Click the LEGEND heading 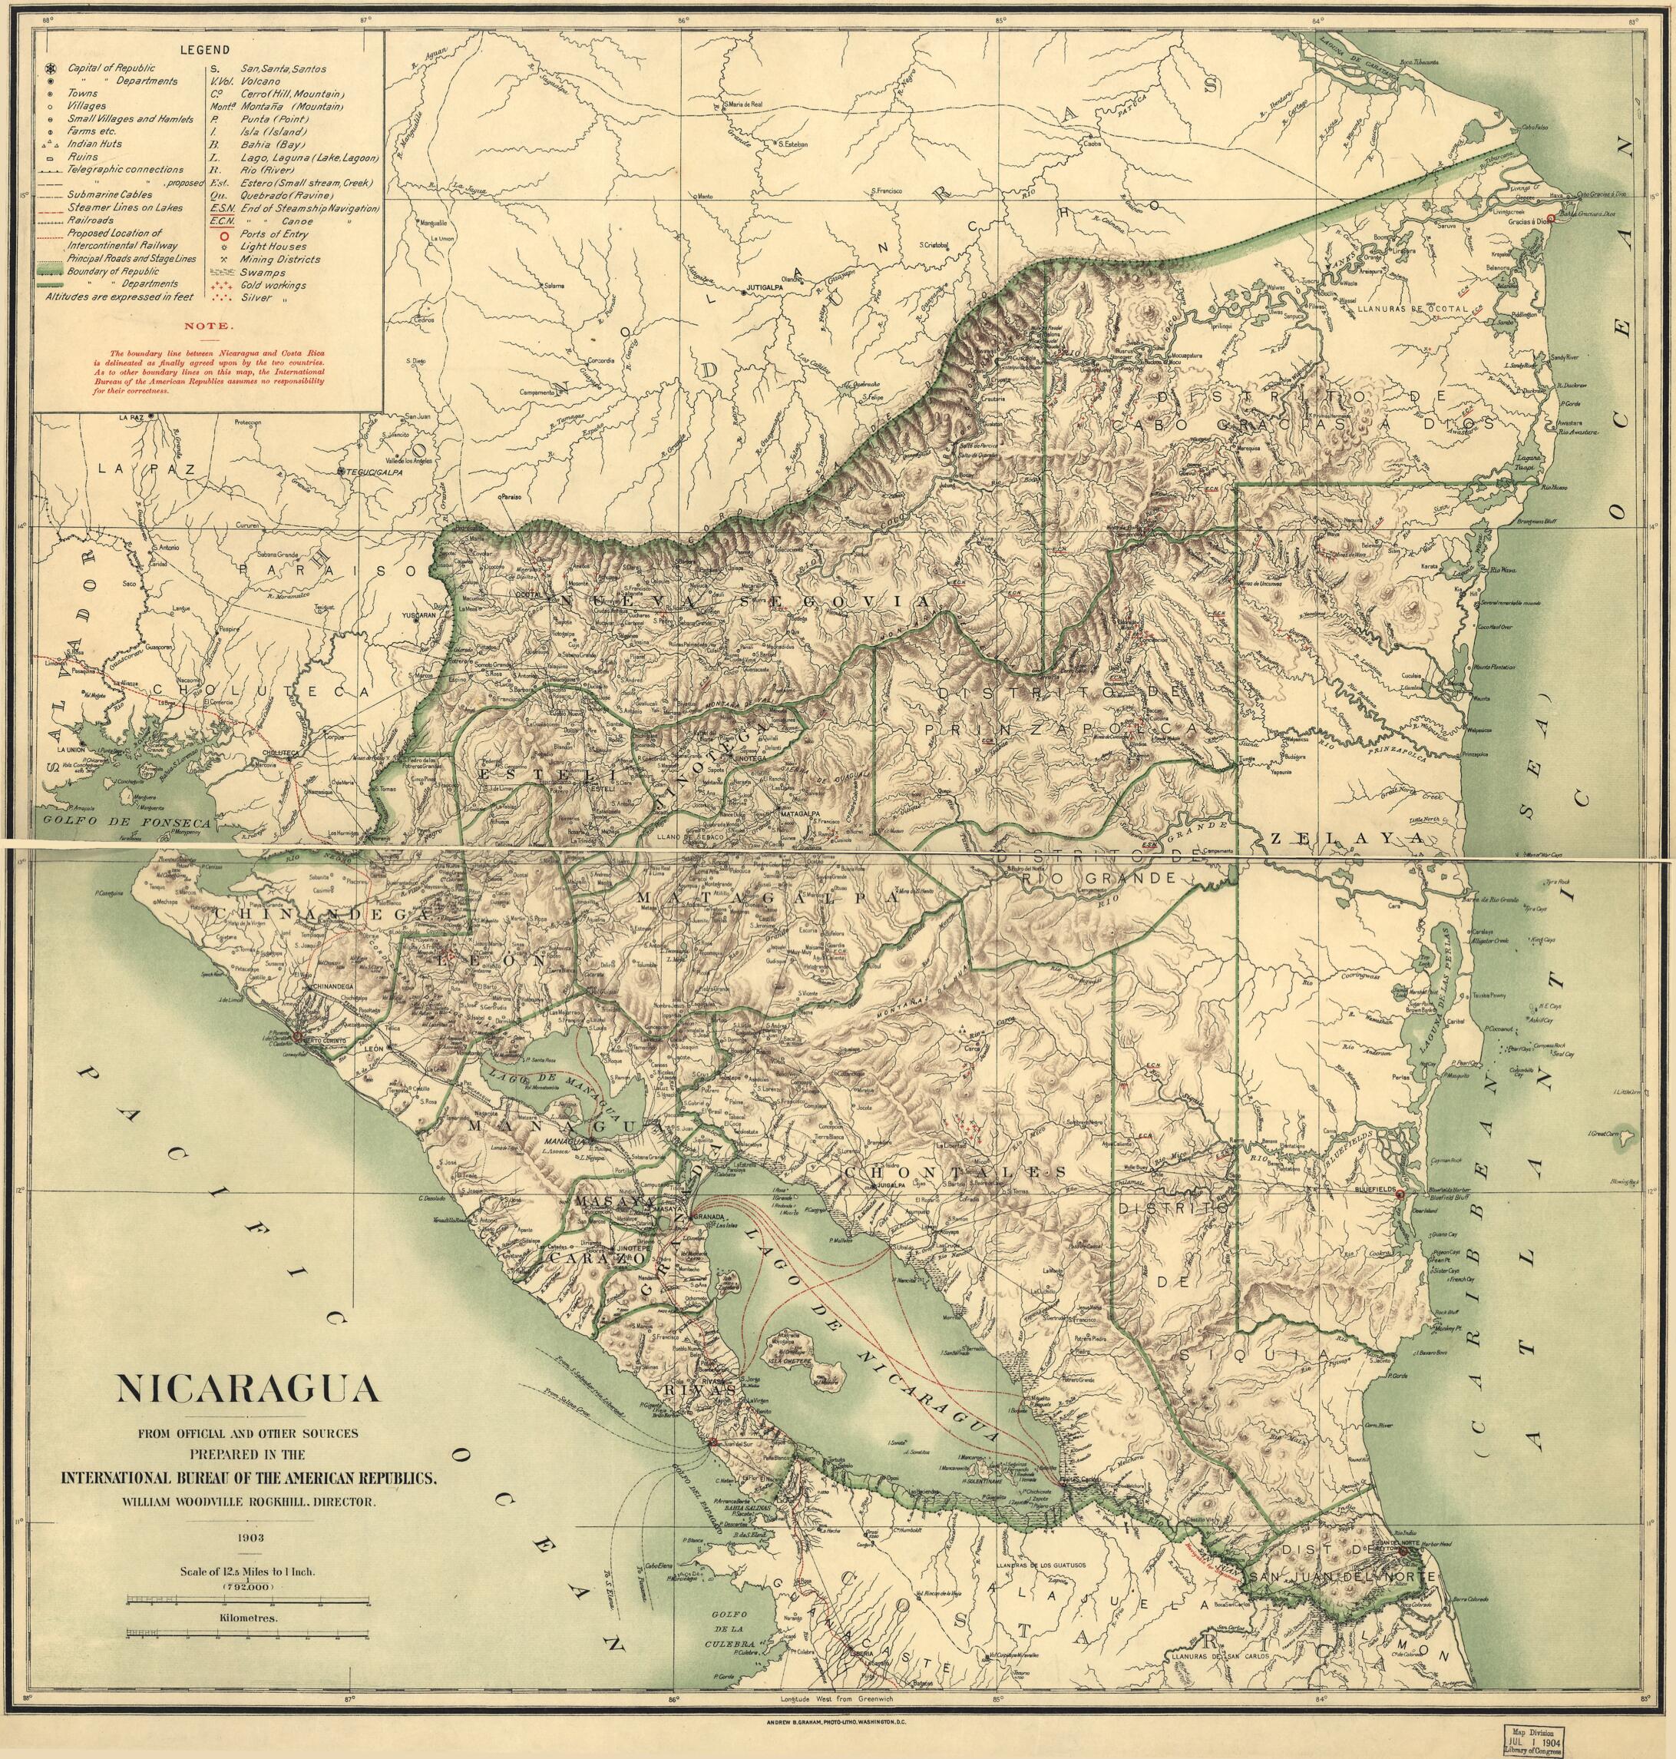(204, 50)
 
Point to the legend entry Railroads (91, 220)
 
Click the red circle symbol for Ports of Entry (217, 234)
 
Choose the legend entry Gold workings (273, 285)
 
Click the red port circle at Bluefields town (1400, 1194)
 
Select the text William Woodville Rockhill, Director (248, 1504)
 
